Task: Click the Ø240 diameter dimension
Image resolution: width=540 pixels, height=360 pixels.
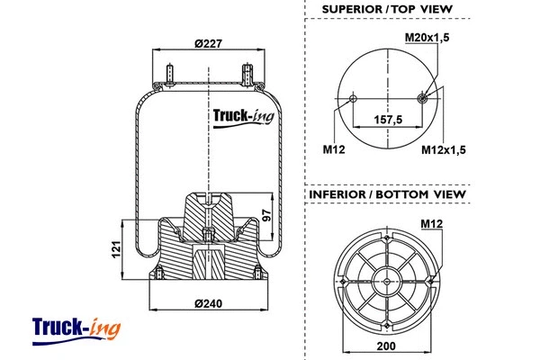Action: [208, 302]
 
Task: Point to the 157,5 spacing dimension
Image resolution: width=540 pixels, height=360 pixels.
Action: [387, 119]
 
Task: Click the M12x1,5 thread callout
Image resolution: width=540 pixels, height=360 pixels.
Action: [444, 149]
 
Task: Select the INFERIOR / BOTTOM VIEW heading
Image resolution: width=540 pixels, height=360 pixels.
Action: [387, 193]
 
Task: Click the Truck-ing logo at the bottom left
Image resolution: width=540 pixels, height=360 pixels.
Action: [76, 328]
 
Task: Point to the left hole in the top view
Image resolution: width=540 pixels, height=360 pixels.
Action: [353, 98]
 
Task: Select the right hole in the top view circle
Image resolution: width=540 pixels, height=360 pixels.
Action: [423, 98]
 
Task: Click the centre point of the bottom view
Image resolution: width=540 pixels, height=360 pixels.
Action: [387, 279]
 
